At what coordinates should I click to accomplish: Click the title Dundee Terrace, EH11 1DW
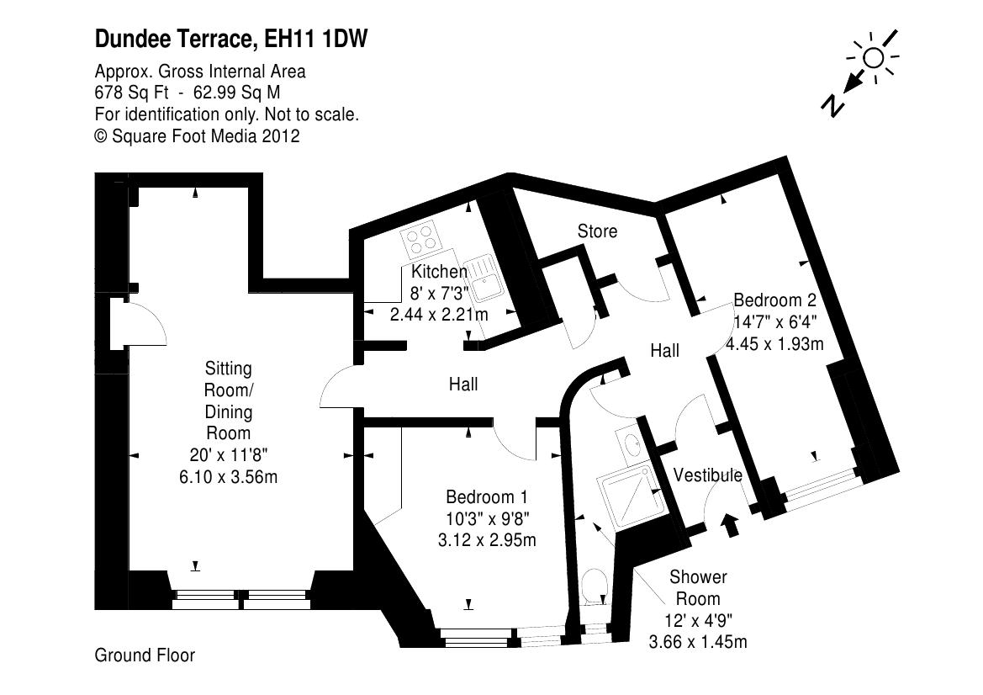[231, 39]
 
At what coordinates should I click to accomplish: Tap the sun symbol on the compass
[874, 58]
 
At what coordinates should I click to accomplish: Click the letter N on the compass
[833, 104]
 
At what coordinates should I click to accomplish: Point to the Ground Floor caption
[145, 655]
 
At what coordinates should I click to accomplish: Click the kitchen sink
[485, 280]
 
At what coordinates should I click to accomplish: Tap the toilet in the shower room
[595, 587]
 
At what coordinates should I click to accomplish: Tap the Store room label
[597, 231]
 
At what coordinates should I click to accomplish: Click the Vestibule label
[708, 475]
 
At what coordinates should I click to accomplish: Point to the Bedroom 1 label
[487, 496]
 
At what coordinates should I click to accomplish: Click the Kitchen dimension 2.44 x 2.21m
[438, 314]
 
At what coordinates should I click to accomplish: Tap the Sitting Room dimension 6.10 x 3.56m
[229, 476]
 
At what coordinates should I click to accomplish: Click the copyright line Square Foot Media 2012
[197, 135]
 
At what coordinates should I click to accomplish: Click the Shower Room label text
[698, 588]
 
